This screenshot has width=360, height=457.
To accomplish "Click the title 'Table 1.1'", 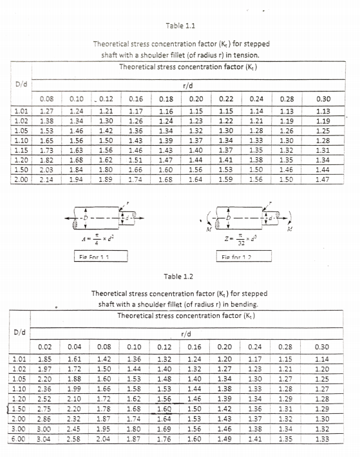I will pyautogui.click(x=180, y=26).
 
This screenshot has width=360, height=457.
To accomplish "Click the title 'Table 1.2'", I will pyautogui.click(x=180, y=276).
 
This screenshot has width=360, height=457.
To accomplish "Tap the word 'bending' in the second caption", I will pyautogui.click(x=248, y=305).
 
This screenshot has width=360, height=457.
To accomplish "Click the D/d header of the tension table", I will pyautogui.click(x=21, y=84).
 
